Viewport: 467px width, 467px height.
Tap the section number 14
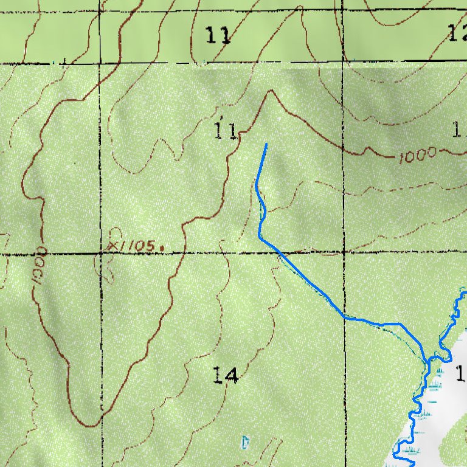click(225, 375)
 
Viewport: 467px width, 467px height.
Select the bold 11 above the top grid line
click(218, 36)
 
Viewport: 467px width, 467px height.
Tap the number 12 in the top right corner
click(457, 34)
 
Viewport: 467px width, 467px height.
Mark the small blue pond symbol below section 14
click(245, 442)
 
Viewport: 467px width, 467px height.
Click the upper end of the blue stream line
click(266, 145)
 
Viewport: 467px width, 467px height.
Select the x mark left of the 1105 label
click(112, 245)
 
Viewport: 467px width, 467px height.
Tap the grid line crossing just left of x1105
click(100, 252)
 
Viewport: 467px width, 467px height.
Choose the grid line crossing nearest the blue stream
click(344, 251)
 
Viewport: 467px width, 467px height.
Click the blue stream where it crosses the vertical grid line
click(345, 317)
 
